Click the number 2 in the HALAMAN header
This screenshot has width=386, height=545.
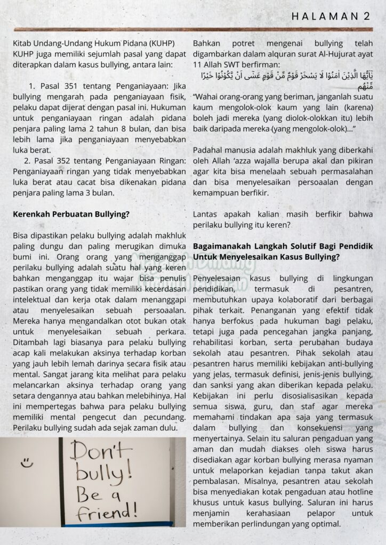[x=367, y=16]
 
